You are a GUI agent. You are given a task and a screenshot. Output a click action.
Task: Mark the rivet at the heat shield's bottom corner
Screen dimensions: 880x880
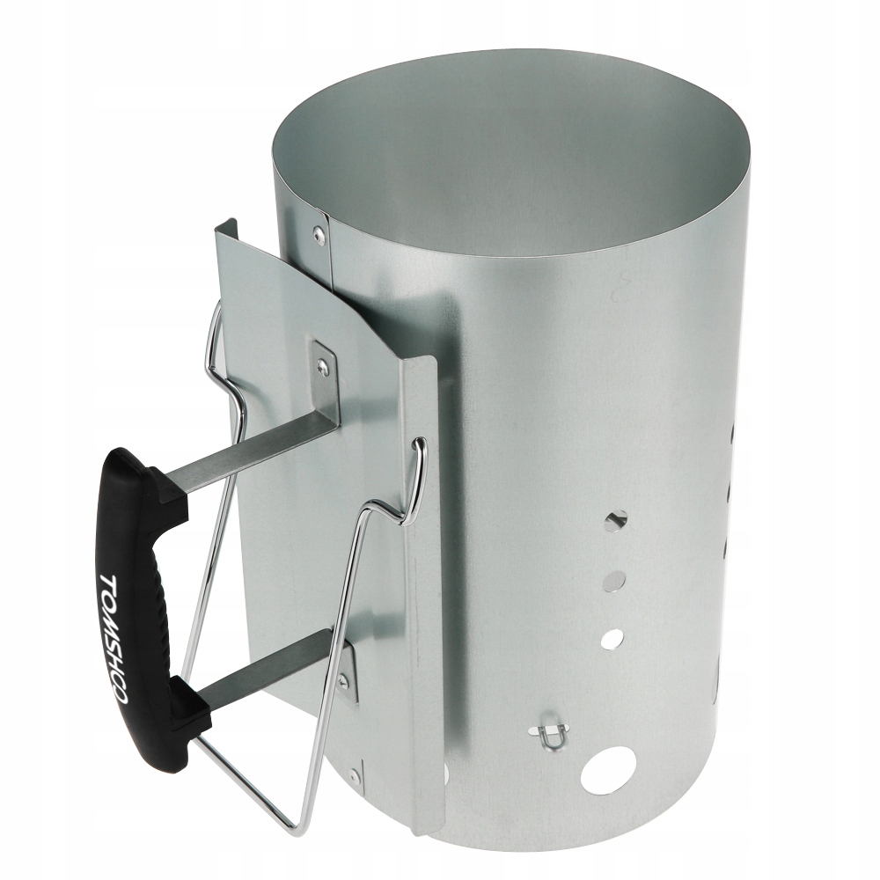point(354,775)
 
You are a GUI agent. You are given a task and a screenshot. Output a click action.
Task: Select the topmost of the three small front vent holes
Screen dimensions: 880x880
point(616,520)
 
